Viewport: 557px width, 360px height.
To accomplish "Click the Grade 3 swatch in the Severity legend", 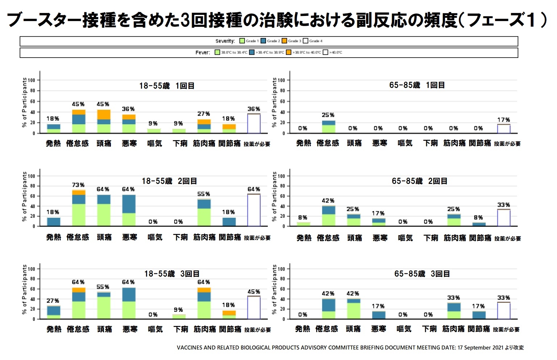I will [x=284, y=41].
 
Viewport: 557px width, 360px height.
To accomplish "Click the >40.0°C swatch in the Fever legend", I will [x=325, y=53].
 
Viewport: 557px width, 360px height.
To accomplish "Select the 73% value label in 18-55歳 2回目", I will [x=78, y=185].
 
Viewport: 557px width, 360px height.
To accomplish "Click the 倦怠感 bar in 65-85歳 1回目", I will [x=328, y=127].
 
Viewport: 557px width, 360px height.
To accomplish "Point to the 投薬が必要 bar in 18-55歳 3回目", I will [x=254, y=307].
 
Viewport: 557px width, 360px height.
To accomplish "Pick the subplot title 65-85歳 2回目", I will [x=419, y=181].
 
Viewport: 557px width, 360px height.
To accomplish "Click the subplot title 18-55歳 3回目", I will [x=172, y=274].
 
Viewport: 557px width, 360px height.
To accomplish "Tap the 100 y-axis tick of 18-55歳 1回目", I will [x=32, y=80].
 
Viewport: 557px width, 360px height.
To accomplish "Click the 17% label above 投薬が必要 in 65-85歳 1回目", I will [x=503, y=120].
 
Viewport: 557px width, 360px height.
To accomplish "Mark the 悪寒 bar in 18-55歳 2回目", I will [x=129, y=210].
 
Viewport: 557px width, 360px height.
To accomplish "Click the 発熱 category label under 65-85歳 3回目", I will [x=303, y=329].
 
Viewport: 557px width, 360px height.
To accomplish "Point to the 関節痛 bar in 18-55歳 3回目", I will [x=229, y=315].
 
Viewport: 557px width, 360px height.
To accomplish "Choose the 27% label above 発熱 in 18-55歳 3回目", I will [x=53, y=301].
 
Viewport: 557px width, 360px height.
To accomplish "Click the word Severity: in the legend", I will [x=225, y=41].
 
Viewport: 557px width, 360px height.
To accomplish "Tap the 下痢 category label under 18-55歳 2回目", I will [x=180, y=237].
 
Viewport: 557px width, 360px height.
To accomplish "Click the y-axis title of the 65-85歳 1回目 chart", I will [x=274, y=102].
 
